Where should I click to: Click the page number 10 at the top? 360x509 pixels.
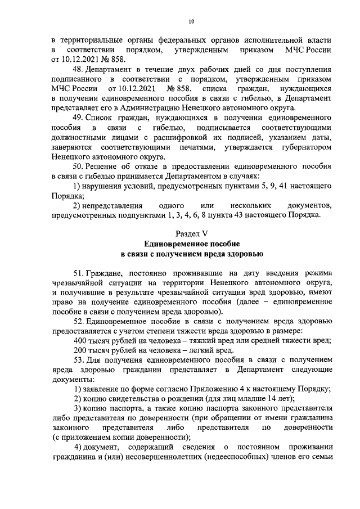[191, 21]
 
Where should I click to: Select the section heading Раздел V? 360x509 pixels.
[192, 233]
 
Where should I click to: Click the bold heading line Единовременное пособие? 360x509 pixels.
[192, 244]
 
